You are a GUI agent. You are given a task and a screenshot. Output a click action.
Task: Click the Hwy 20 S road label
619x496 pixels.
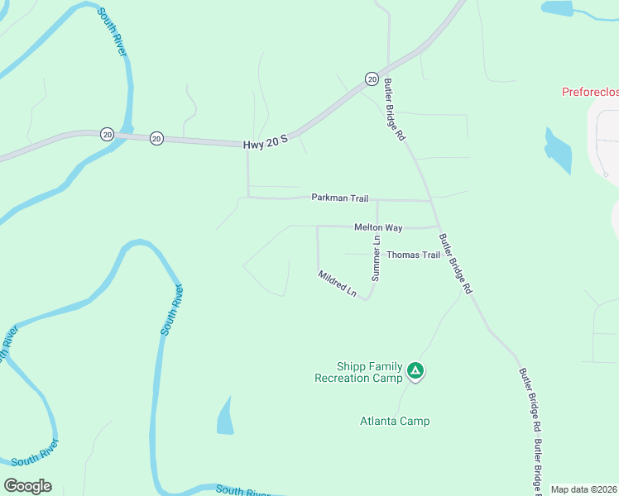[265, 143]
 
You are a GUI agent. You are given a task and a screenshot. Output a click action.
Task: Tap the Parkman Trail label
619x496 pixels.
[339, 198]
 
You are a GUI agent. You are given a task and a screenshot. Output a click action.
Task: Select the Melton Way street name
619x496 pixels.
[378, 227]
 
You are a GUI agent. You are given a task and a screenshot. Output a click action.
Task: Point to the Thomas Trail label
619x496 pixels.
[413, 255]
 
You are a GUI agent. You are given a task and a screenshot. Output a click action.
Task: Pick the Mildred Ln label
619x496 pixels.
[337, 283]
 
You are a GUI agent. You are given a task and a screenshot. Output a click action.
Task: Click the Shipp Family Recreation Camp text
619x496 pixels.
[358, 372]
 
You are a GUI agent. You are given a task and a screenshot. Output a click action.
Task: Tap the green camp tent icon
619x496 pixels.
[415, 372]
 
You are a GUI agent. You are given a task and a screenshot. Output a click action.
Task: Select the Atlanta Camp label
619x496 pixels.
[395, 421]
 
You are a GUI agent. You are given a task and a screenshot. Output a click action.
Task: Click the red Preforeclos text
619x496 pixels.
[589, 92]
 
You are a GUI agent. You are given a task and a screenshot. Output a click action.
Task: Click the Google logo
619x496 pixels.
[27, 486]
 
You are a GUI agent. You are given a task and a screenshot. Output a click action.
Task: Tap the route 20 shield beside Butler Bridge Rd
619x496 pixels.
[372, 78]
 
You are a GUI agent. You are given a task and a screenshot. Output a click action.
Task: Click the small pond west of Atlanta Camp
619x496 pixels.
[225, 417]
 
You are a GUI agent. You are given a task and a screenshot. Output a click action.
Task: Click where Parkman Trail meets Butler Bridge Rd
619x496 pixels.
[430, 200]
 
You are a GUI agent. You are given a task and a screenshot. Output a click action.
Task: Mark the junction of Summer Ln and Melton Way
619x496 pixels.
[377, 227]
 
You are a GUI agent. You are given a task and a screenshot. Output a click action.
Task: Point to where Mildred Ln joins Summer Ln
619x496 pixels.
[367, 298]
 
